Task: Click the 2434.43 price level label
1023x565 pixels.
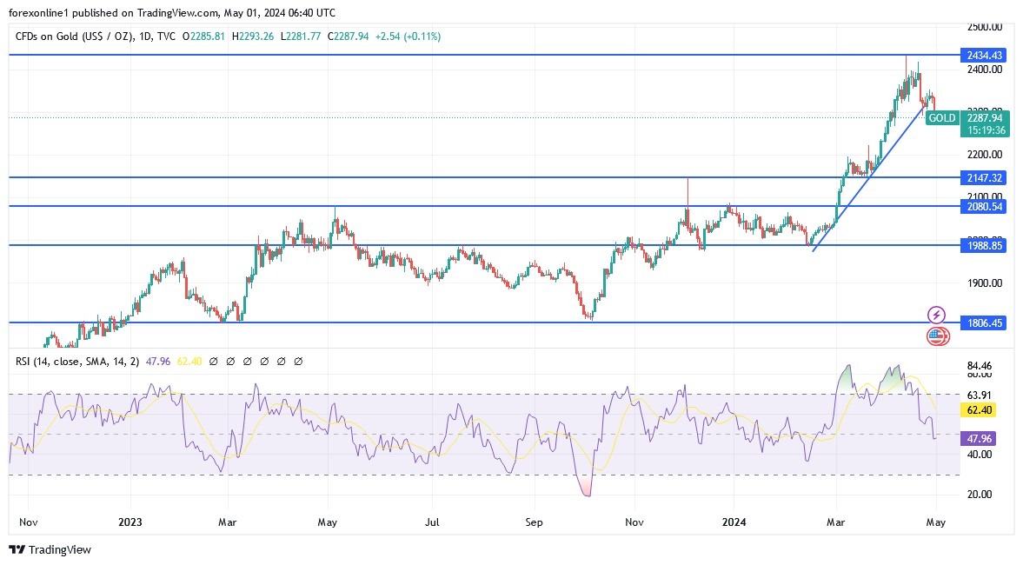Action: [x=984, y=56]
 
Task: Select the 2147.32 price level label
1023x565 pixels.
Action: [x=984, y=177]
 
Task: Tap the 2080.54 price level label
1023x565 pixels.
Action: [x=984, y=207]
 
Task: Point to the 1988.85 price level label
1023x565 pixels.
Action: [x=984, y=246]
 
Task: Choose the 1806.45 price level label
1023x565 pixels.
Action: [x=984, y=322]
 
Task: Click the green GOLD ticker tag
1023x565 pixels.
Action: [x=942, y=118]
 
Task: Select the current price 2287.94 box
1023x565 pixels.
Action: [x=984, y=118]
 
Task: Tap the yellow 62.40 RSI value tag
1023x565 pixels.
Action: [x=978, y=409]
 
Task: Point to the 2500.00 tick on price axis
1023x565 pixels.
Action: [x=984, y=27]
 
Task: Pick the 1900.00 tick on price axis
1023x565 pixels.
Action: [x=984, y=283]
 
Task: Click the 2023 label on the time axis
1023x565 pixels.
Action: [x=130, y=522]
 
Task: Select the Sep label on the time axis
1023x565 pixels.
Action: [x=535, y=522]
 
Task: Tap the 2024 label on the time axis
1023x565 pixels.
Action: [x=734, y=522]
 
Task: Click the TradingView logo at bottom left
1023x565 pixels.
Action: [x=50, y=549]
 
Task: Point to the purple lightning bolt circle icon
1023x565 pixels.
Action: [x=936, y=315]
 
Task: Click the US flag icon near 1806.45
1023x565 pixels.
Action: [x=936, y=336]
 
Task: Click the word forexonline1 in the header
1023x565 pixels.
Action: [x=41, y=13]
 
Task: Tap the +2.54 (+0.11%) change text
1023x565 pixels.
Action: [x=408, y=37]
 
